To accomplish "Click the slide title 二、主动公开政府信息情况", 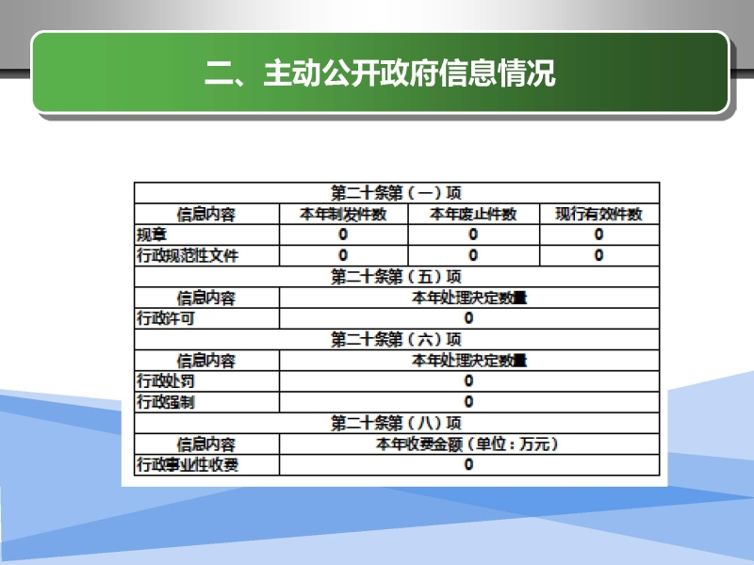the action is click(380, 73).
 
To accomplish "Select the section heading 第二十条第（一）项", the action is click(396, 193).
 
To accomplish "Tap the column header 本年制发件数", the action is click(343, 214).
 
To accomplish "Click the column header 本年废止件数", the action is click(473, 214).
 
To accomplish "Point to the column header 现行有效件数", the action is click(598, 214).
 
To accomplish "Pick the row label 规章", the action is click(152, 234).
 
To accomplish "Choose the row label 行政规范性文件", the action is click(188, 255).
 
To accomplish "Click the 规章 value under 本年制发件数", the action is click(343, 234).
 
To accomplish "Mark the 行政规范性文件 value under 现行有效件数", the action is click(598, 255).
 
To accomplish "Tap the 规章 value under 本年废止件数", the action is click(473, 234).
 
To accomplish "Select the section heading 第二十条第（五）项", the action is click(396, 277).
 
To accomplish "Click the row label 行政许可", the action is click(166, 318).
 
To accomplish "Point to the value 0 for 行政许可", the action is click(468, 318).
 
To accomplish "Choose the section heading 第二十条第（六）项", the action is click(396, 340).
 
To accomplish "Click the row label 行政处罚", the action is click(166, 381).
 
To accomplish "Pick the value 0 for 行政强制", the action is click(468, 402).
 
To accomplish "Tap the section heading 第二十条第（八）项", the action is click(396, 423).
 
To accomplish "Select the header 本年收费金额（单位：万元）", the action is click(467, 444).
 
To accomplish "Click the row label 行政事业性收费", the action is click(188, 464).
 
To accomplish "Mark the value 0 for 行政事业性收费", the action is click(468, 464).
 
